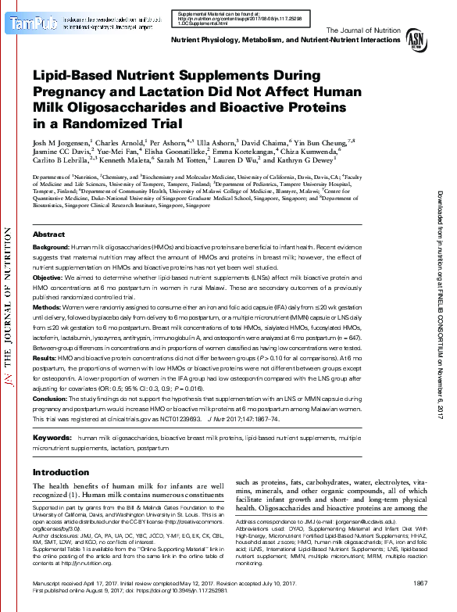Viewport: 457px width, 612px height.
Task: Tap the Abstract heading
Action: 48,213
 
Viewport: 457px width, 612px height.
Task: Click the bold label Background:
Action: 51,225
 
